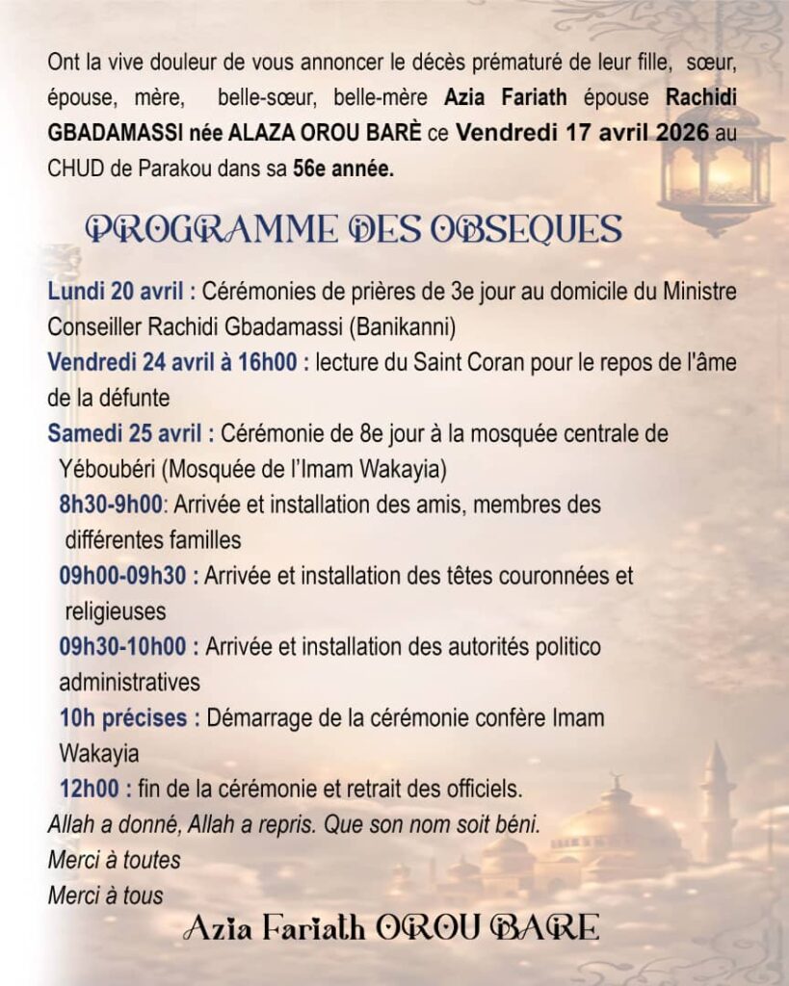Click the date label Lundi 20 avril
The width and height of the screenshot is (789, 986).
(118, 292)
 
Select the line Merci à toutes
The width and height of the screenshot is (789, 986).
(114, 860)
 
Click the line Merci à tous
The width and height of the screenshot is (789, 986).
(105, 895)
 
